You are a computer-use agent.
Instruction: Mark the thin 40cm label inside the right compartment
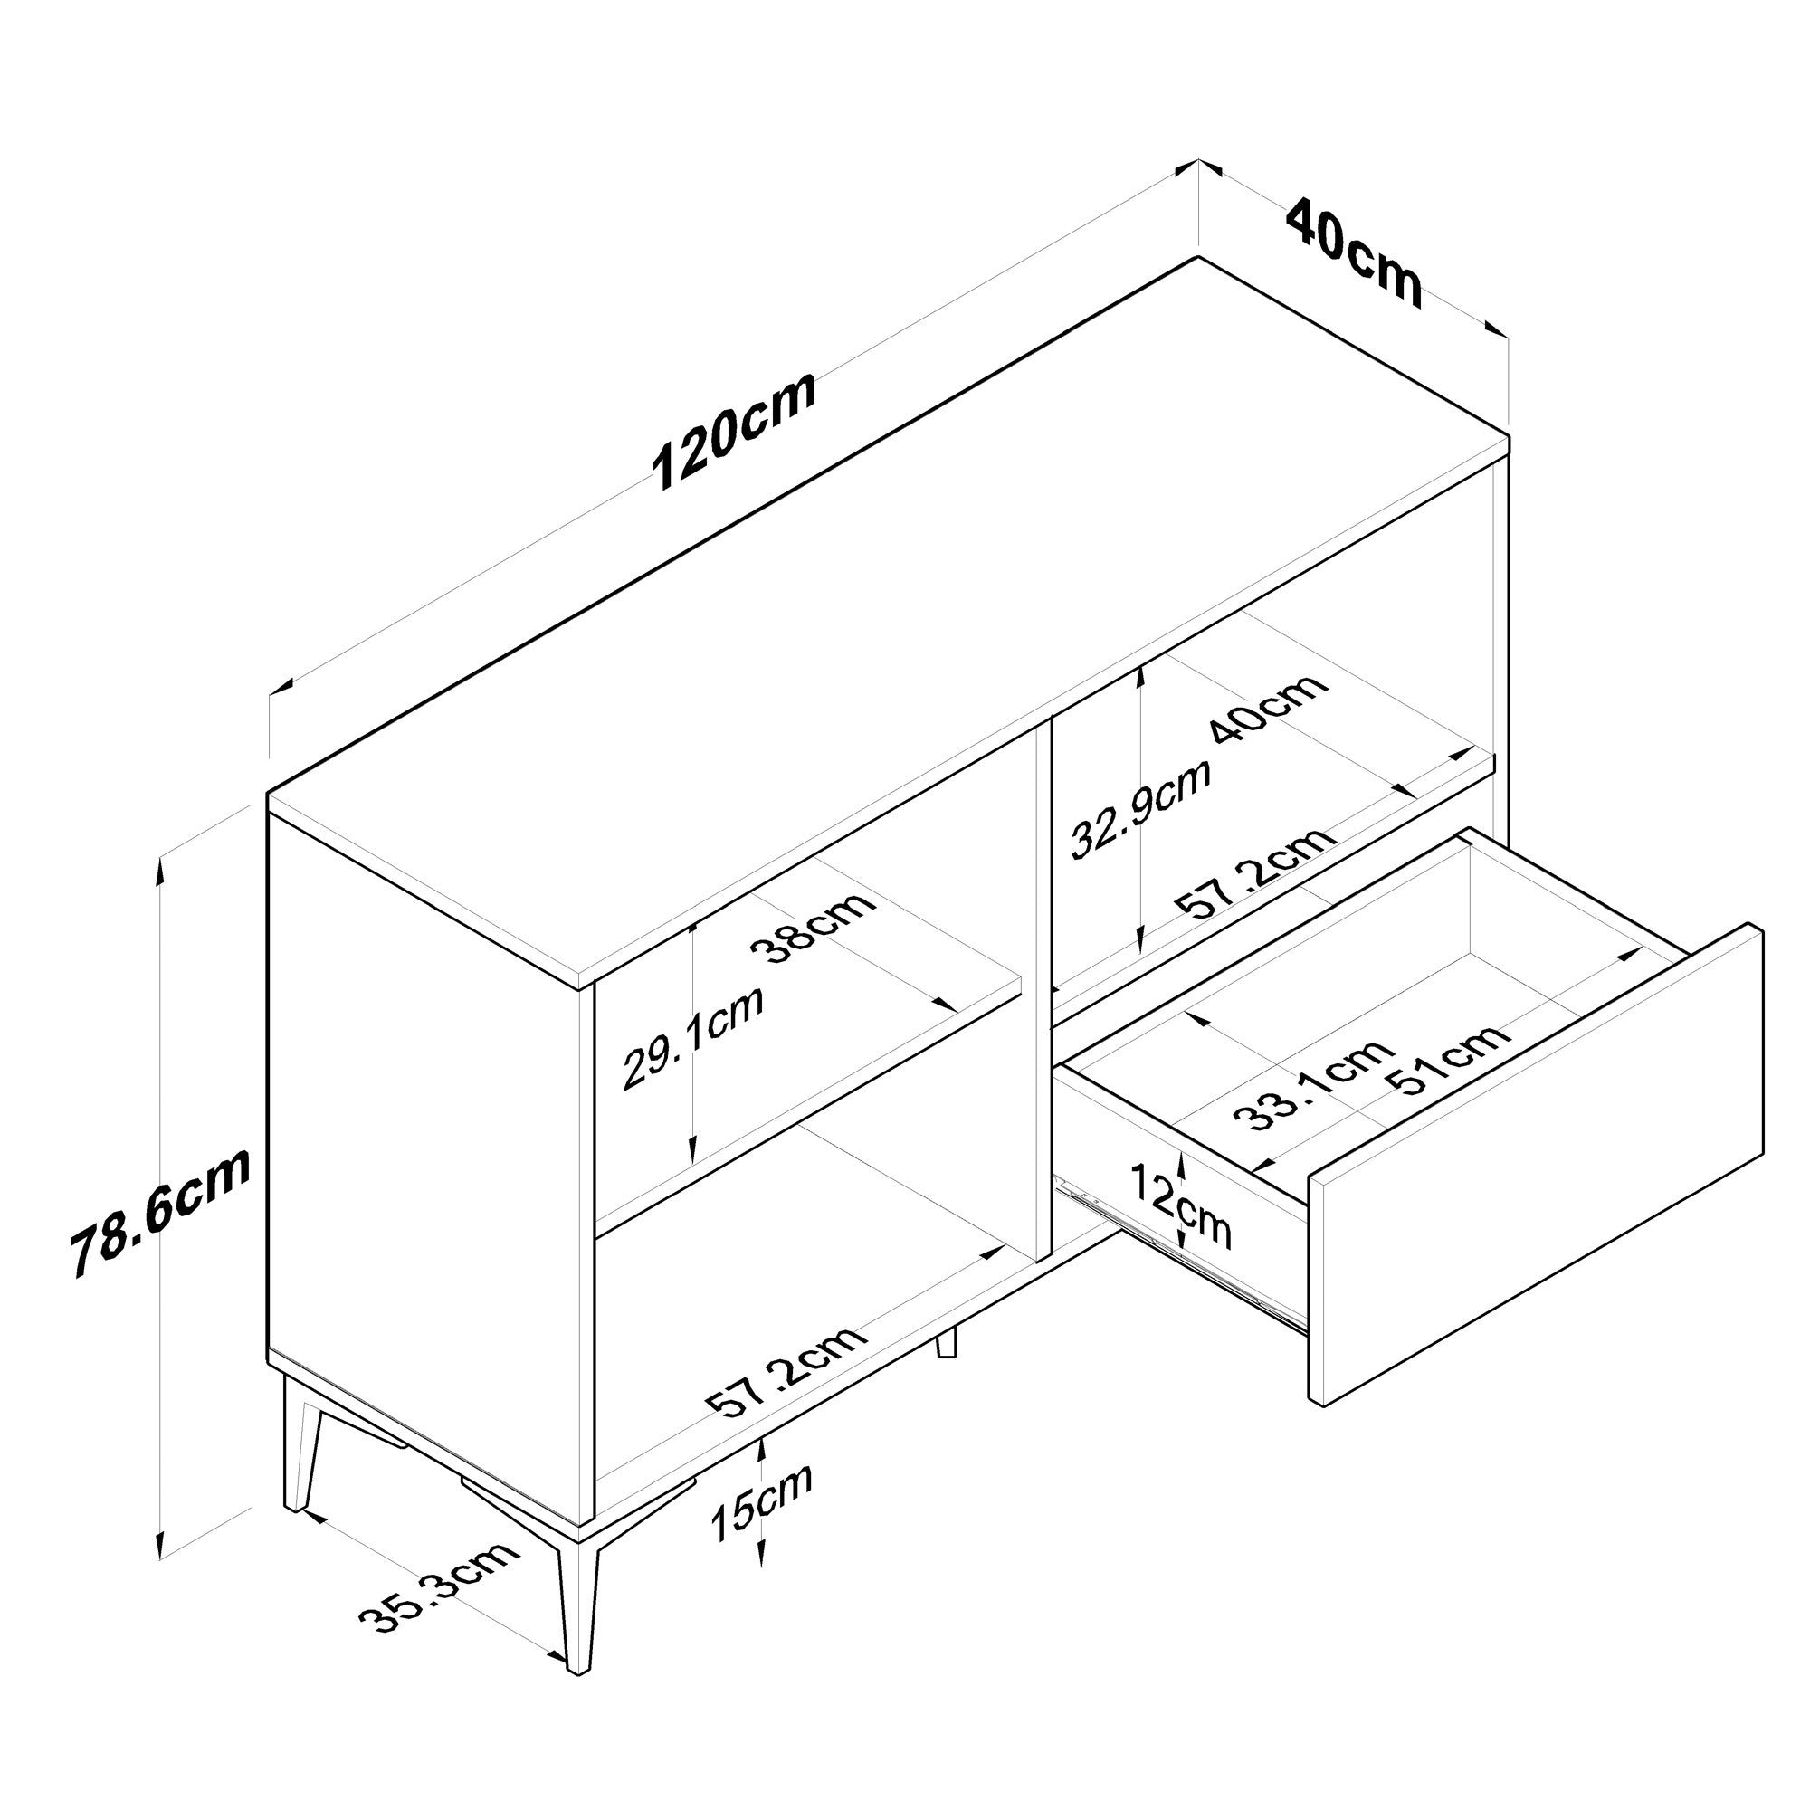tap(1269, 707)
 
